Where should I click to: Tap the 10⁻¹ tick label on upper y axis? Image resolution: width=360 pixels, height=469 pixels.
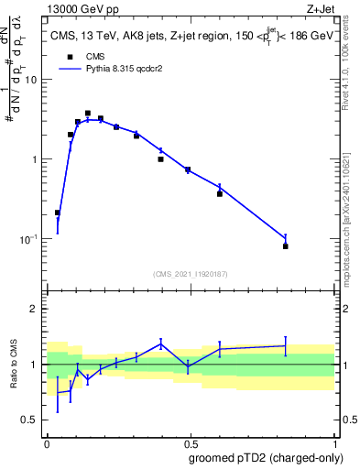(x=30, y=239)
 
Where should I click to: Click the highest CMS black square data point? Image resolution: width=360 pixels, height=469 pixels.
(x=88, y=114)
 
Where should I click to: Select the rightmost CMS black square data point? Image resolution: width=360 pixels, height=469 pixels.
(x=286, y=246)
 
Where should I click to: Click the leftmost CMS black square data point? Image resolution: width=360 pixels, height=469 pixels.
(x=58, y=213)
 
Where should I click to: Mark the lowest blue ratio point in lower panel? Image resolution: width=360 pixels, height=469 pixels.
(x=58, y=394)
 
